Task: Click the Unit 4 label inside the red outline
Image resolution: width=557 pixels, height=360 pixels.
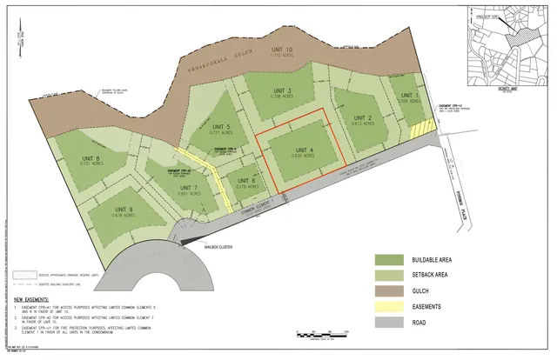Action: pyautogui.click(x=302, y=149)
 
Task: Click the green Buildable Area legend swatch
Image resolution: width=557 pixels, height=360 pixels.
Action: pyautogui.click(x=387, y=260)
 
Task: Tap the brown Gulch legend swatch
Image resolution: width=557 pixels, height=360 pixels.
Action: pyautogui.click(x=387, y=290)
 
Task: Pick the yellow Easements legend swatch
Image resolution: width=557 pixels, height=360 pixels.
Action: pyautogui.click(x=387, y=306)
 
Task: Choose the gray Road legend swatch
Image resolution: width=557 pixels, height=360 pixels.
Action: pyautogui.click(x=387, y=322)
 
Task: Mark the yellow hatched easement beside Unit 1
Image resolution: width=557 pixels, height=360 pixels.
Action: pyautogui.click(x=424, y=127)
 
